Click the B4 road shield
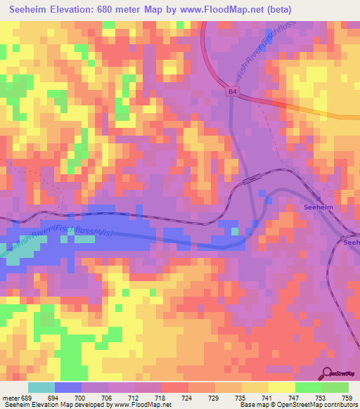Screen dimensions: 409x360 coord(232,91)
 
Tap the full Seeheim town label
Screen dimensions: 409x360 coord(318,208)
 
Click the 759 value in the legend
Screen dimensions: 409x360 coord(347,398)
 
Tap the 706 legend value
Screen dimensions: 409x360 coord(108,398)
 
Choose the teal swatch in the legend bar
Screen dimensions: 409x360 coord(41,387)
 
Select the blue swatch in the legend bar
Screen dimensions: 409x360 coord(68,387)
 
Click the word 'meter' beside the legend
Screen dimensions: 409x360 coord(10,398)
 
